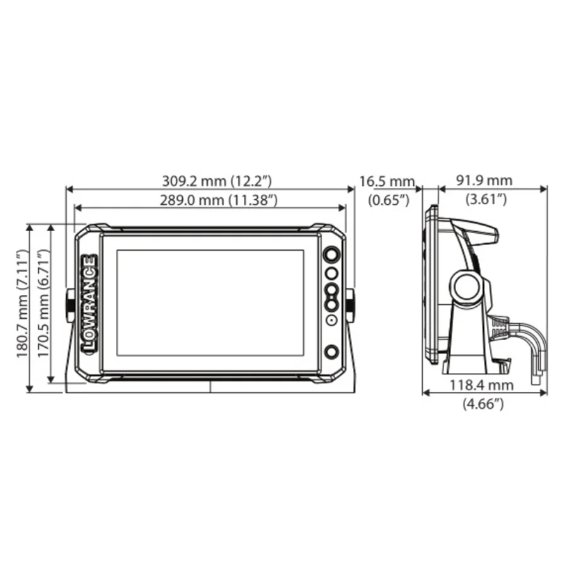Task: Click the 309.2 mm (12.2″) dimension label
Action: pos(217,181)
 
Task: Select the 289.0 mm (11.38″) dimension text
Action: pos(219,200)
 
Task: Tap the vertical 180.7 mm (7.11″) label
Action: pos(22,304)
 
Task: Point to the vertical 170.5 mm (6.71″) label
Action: pos(43,304)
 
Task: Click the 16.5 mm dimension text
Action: pos(387,181)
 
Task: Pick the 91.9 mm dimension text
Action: pos(484,180)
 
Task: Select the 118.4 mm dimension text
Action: pos(482,385)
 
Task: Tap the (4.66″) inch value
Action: pos(483,404)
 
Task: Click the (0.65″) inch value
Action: pos(389,200)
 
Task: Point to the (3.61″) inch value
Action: pos(486,199)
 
